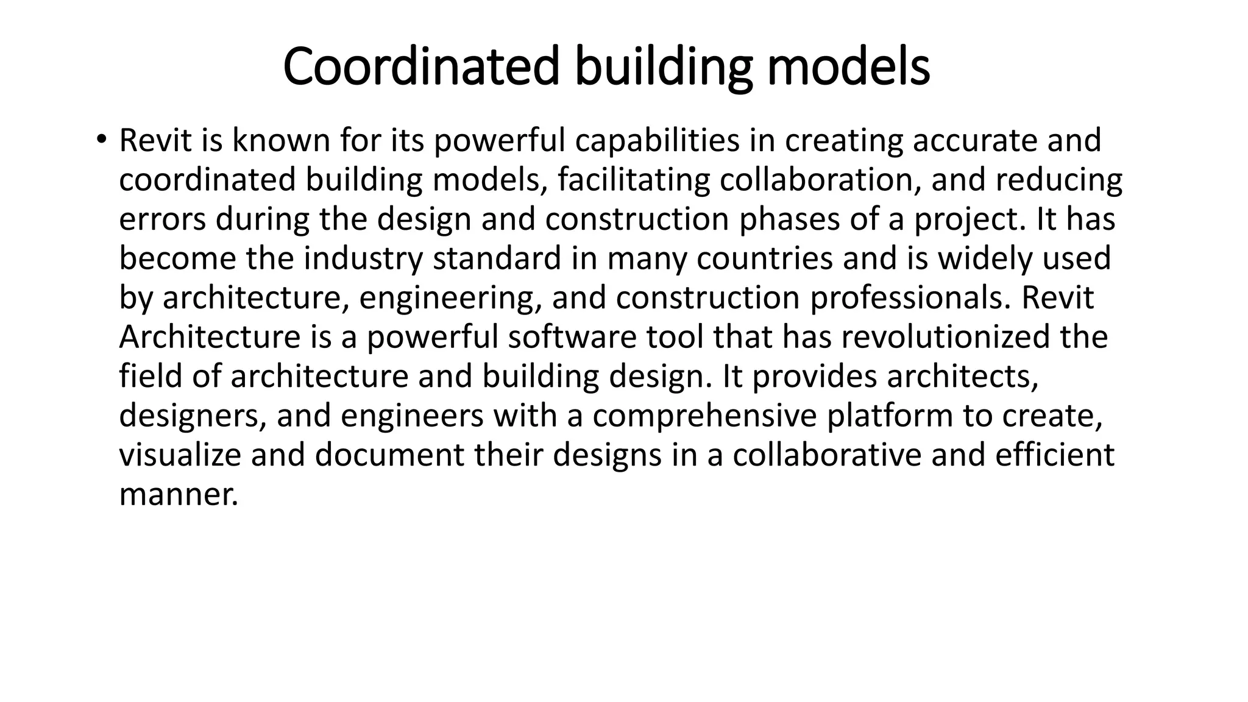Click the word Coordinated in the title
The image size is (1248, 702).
point(421,66)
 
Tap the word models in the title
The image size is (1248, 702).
point(848,66)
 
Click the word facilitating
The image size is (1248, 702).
point(634,180)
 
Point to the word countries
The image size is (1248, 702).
point(764,258)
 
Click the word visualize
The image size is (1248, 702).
point(180,455)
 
